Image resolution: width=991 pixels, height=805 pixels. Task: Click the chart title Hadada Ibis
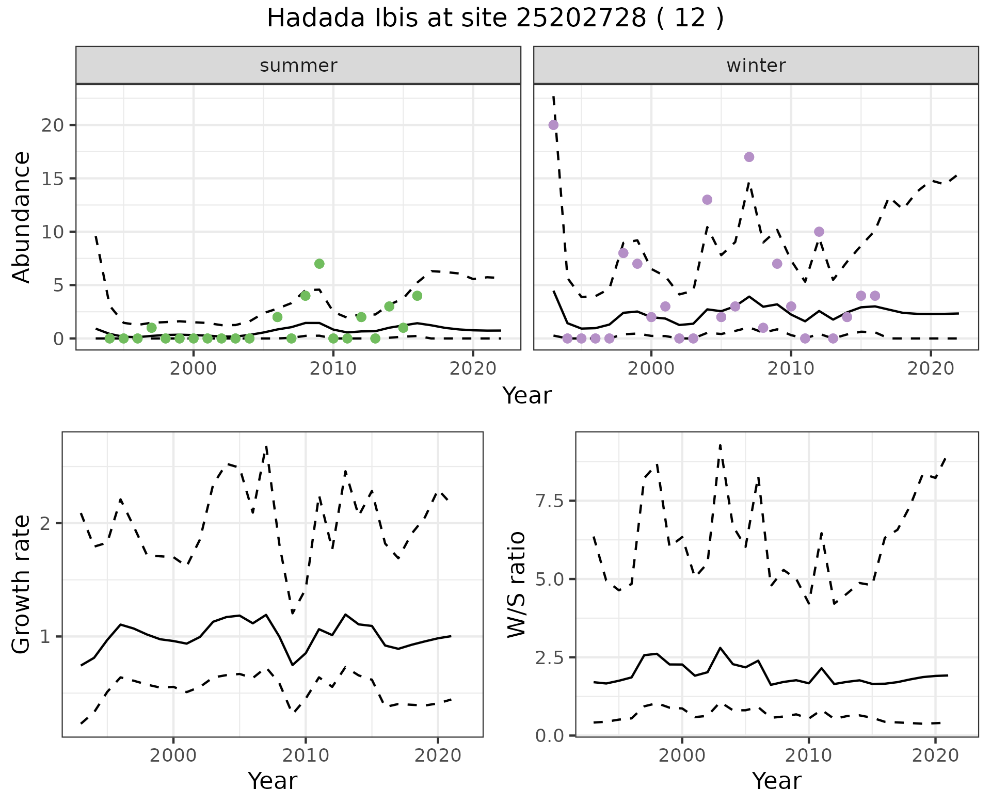click(x=494, y=19)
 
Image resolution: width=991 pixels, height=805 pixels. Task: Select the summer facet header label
click(x=298, y=66)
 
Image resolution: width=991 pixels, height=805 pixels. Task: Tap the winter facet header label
click(x=756, y=66)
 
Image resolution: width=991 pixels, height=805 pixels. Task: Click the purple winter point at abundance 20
click(x=553, y=125)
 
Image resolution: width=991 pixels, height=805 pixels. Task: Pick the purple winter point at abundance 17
click(x=749, y=157)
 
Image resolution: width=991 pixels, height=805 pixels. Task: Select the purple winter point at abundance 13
click(x=707, y=200)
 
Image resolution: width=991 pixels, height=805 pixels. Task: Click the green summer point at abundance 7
click(x=319, y=264)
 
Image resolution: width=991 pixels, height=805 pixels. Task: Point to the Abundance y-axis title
click(x=22, y=217)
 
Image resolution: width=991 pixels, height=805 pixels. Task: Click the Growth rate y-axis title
click(x=22, y=584)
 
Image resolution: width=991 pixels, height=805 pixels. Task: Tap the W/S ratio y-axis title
click(x=516, y=584)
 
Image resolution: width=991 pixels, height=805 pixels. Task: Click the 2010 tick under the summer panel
click(x=333, y=368)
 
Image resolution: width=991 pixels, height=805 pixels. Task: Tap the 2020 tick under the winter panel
click(x=930, y=368)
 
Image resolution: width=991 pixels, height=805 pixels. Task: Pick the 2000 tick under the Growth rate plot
click(x=173, y=755)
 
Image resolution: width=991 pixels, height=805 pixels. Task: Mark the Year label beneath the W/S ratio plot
click(x=776, y=781)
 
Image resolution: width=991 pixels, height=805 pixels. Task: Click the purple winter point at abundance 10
click(x=819, y=232)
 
